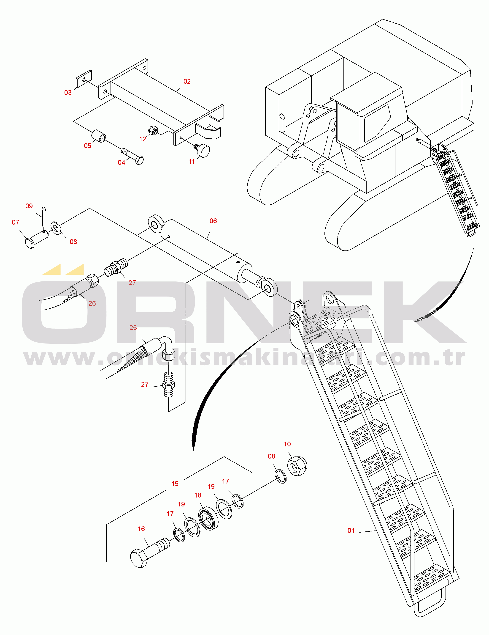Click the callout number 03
(x=68, y=92)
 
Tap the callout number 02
(x=187, y=81)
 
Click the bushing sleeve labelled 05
(x=99, y=136)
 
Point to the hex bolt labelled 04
(x=133, y=156)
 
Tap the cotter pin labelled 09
(x=43, y=216)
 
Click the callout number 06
(x=213, y=221)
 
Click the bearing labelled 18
(x=208, y=518)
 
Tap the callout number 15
(x=175, y=484)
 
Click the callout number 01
(x=351, y=531)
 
